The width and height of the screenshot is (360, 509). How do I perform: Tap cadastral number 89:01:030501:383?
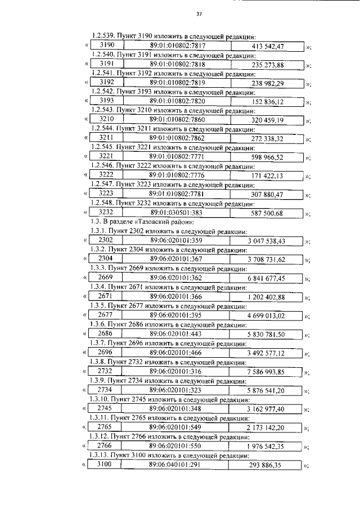pyautogui.click(x=176, y=213)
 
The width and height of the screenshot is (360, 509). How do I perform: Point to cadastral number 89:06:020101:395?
pyautogui.click(x=176, y=315)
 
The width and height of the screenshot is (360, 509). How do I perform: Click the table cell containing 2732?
pyautogui.click(x=105, y=371)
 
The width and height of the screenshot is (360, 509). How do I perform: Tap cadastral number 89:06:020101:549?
pyautogui.click(x=176, y=427)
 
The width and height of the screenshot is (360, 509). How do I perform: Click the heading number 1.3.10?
pyautogui.click(x=102, y=399)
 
